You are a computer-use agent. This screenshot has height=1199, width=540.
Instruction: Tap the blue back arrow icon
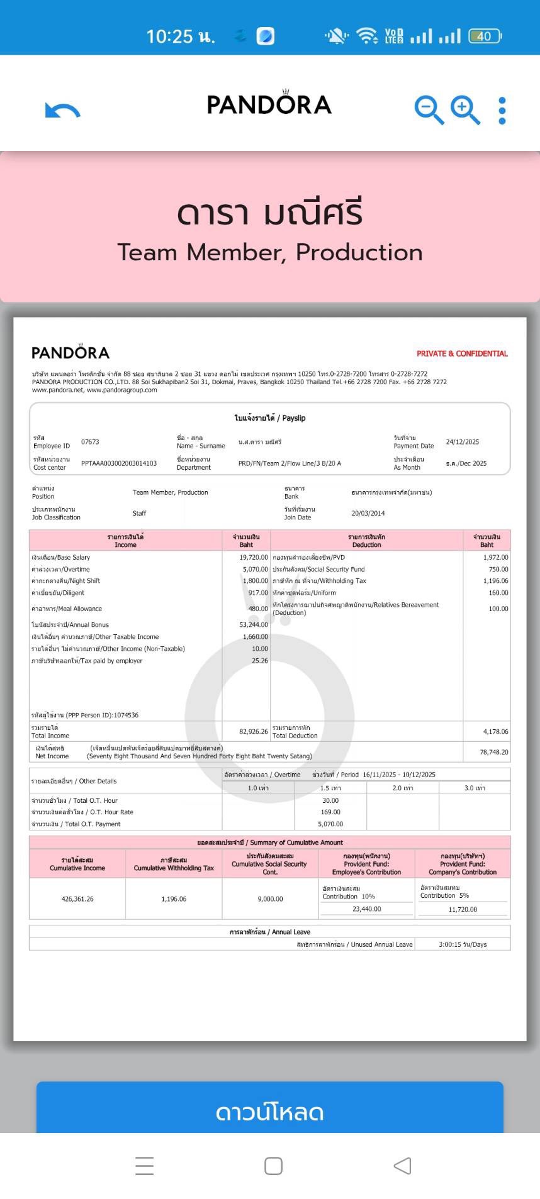click(x=63, y=111)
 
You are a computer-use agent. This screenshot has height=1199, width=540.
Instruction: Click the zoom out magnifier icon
click(x=429, y=110)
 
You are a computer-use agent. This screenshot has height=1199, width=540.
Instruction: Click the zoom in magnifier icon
click(x=465, y=110)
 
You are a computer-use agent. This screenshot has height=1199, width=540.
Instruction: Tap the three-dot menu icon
click(x=502, y=111)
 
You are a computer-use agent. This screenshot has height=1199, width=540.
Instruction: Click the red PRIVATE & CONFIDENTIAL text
click(x=462, y=353)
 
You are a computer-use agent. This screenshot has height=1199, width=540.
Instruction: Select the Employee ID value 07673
click(x=90, y=442)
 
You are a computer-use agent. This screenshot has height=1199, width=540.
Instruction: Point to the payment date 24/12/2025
click(x=463, y=442)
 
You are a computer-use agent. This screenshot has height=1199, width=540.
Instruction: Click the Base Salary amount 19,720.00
click(x=254, y=557)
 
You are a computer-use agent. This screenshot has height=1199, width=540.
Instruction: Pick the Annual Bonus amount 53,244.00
click(x=254, y=625)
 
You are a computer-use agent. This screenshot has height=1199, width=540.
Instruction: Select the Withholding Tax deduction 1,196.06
click(x=495, y=581)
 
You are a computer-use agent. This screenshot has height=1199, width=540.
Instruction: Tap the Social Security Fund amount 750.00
click(x=498, y=569)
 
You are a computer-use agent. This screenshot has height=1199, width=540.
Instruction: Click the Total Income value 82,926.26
click(x=254, y=731)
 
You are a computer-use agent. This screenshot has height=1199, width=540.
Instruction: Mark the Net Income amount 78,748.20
click(x=494, y=752)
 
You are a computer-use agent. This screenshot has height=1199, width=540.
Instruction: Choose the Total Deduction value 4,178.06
click(x=495, y=731)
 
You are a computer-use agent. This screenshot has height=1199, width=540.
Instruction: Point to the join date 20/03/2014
click(x=368, y=513)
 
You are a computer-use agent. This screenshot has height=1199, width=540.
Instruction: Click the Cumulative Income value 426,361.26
click(x=77, y=899)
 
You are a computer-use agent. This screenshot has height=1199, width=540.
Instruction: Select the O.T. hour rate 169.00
click(x=330, y=812)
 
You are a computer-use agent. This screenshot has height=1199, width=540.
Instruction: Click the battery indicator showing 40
click(x=484, y=36)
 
